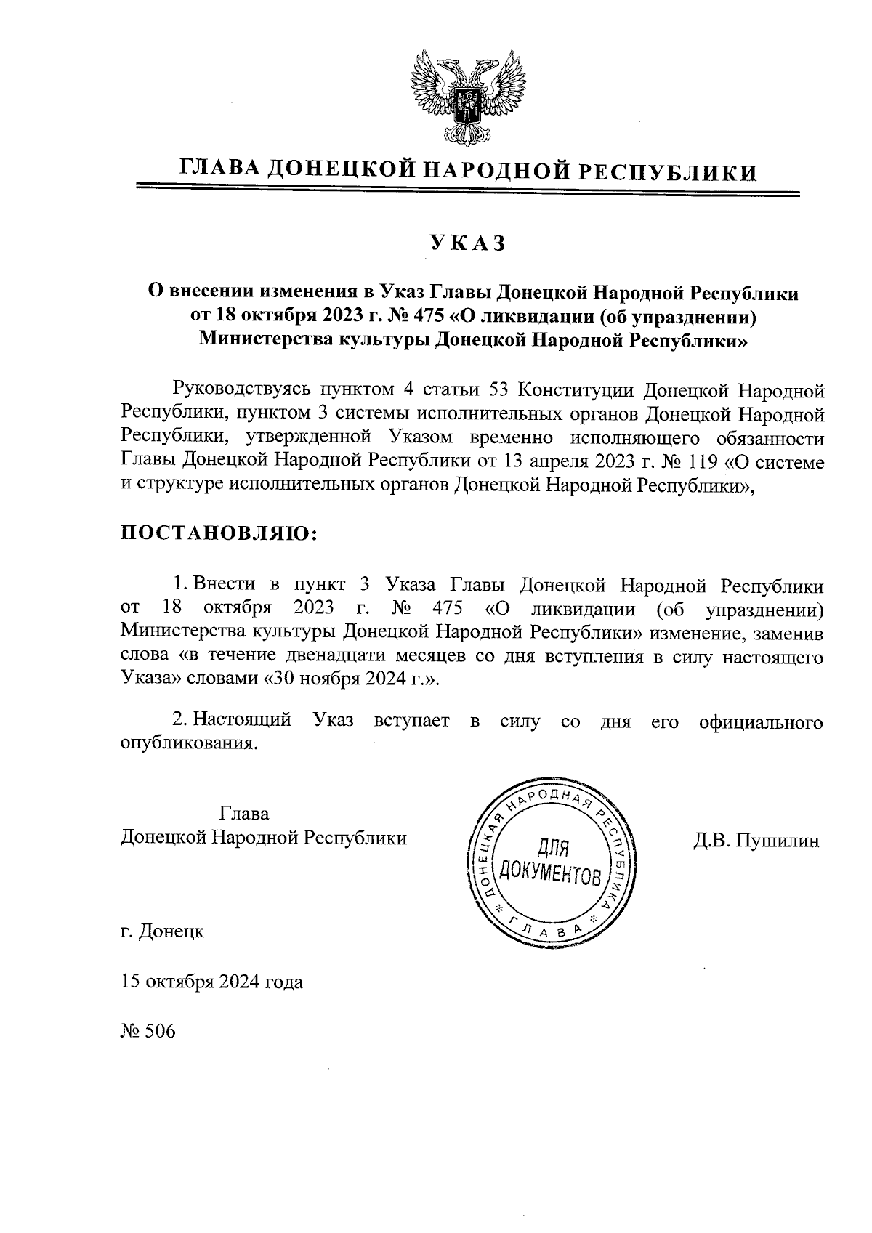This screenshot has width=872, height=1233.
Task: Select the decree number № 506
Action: (148, 1031)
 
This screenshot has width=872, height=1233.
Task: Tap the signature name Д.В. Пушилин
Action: (756, 841)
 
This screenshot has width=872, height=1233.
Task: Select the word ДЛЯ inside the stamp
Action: (552, 846)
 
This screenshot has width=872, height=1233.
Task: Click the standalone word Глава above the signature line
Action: (244, 812)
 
